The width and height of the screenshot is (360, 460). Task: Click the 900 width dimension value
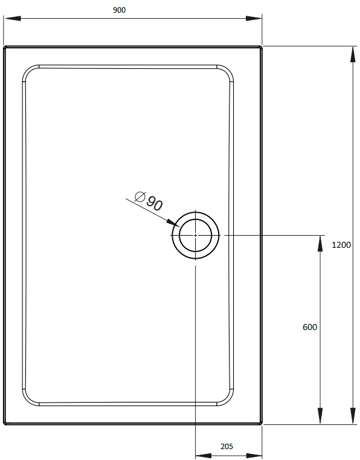coord(119,10)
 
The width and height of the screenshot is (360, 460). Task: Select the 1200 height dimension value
coord(341,245)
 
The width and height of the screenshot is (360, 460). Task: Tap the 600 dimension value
coord(309,327)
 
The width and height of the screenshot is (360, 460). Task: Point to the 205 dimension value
coord(227,447)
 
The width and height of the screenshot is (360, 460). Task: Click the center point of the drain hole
coord(195,235)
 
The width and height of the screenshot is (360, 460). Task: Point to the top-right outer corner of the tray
coord(261,47)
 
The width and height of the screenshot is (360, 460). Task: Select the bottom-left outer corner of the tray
coord(5,423)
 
